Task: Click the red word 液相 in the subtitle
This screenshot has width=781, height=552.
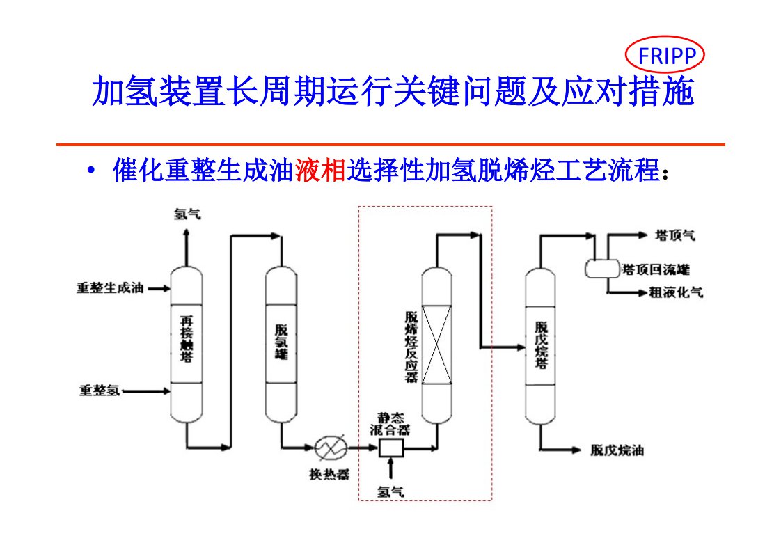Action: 320,171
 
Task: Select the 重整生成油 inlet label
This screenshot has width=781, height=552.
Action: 110,287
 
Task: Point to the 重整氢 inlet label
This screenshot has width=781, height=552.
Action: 99,391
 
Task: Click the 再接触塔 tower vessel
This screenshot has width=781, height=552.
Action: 186,345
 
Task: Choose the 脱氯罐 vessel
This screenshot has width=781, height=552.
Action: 282,345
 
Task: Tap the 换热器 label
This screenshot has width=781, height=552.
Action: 329,475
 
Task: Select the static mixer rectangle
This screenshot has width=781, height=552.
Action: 391,449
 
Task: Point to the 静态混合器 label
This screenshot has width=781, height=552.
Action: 390,425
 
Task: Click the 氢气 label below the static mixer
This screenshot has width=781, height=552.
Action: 390,491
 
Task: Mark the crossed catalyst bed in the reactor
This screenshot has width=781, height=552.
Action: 437,345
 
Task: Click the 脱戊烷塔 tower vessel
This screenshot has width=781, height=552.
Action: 541,345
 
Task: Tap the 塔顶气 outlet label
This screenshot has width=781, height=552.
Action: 675,236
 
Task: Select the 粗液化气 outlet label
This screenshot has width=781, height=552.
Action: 675,293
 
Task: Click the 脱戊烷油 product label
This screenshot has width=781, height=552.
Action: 617,450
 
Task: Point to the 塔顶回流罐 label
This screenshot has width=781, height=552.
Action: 656,269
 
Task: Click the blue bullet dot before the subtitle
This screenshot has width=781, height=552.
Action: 91,171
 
